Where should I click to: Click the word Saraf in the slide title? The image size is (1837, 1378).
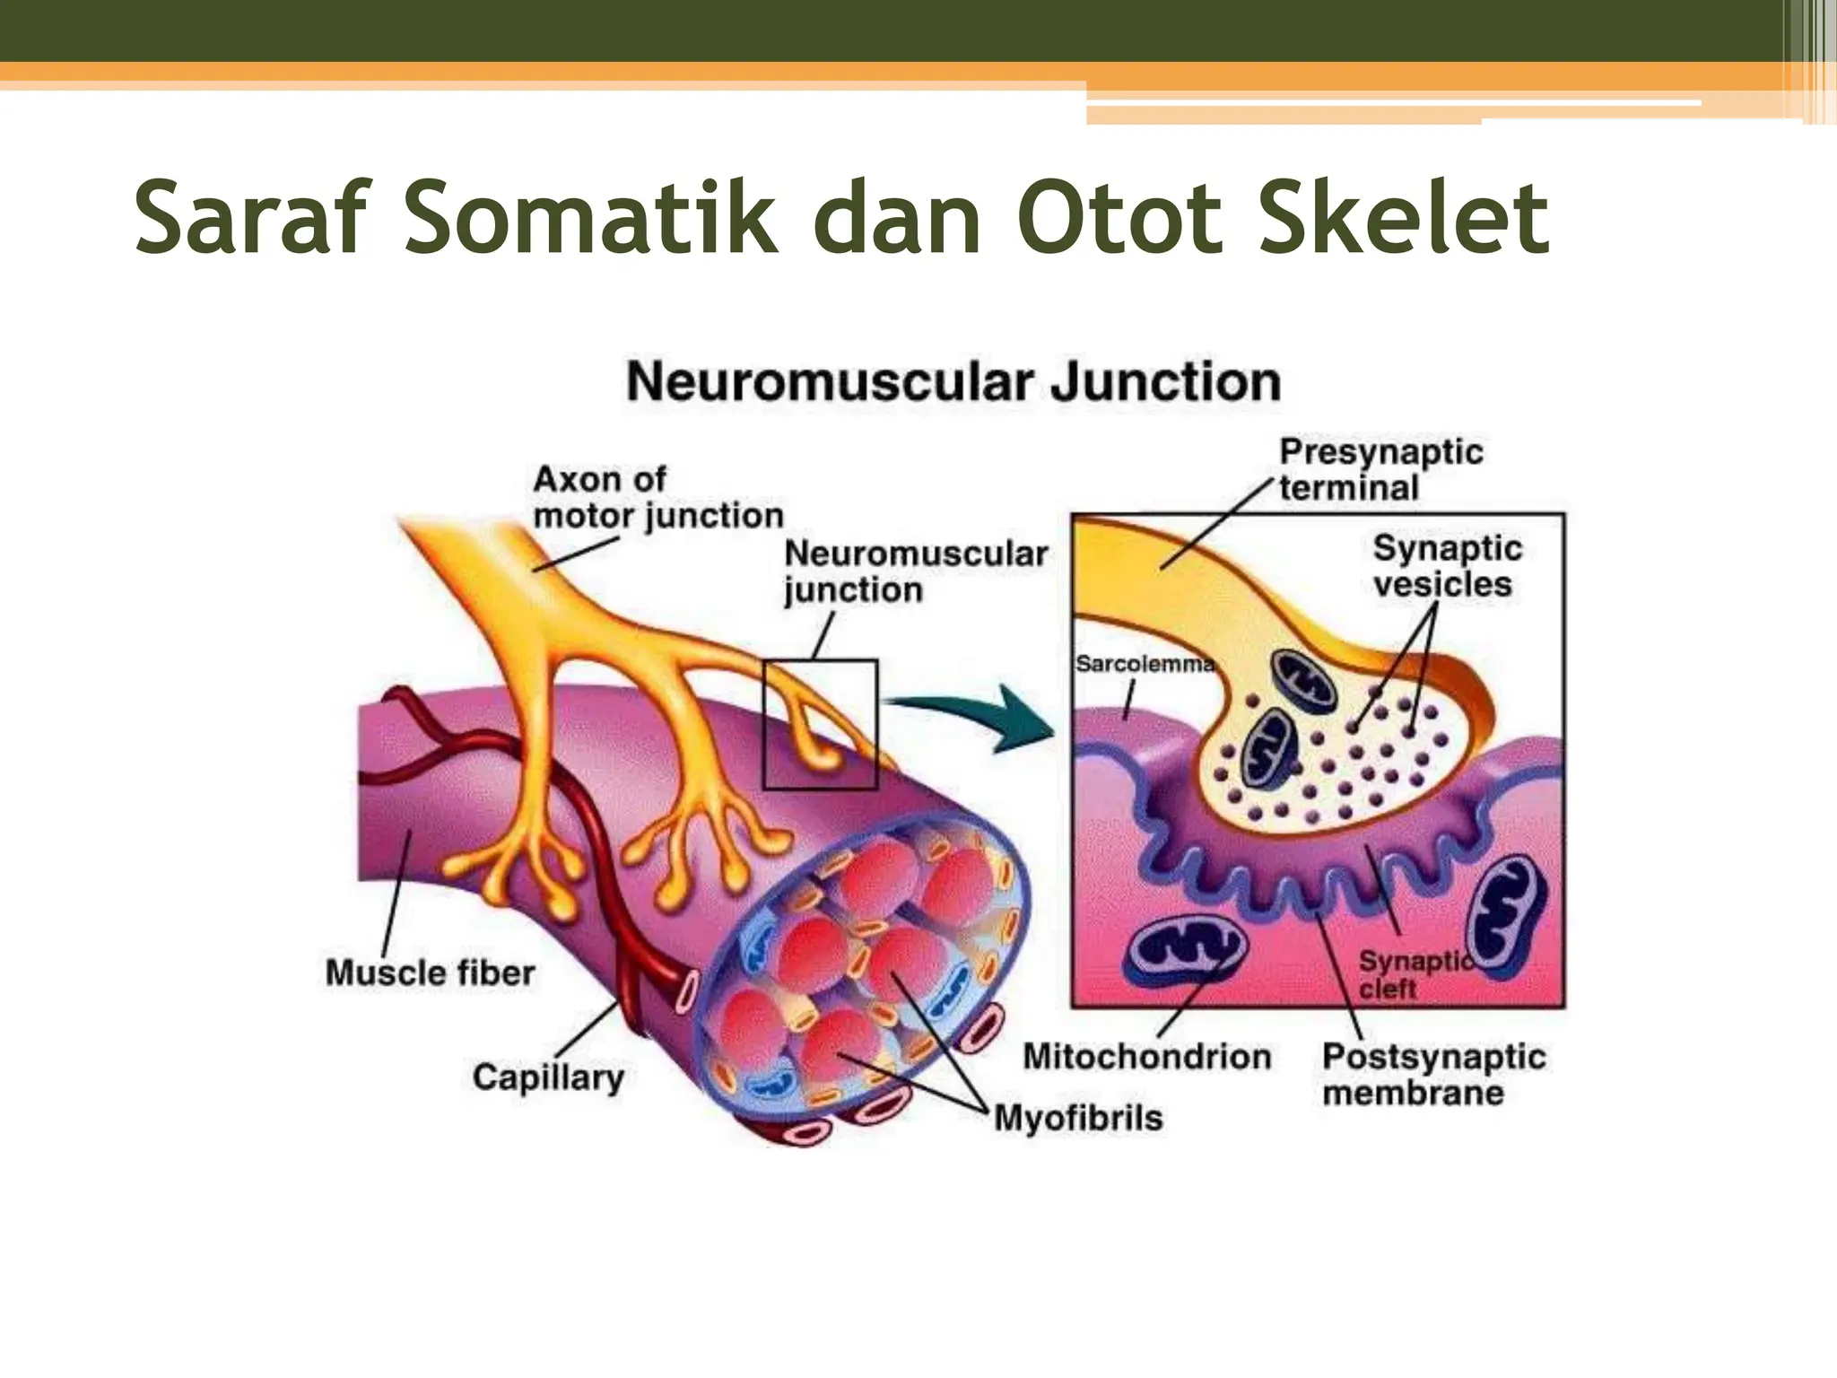(x=252, y=217)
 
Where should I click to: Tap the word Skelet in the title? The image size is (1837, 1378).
(x=1404, y=217)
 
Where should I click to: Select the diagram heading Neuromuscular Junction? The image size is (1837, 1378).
(x=953, y=382)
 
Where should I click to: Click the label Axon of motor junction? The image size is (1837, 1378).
(x=657, y=498)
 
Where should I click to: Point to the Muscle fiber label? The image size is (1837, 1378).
(x=430, y=973)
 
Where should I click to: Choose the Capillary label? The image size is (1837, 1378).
(x=548, y=1077)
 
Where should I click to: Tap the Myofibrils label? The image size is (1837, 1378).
(x=1078, y=1118)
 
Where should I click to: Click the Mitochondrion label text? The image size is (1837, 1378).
(x=1147, y=1057)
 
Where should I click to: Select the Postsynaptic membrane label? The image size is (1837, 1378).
(x=1433, y=1075)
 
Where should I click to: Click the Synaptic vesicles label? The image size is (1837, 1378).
(x=1446, y=566)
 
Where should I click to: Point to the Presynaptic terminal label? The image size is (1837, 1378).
(x=1380, y=470)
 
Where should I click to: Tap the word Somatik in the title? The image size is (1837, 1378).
(x=591, y=217)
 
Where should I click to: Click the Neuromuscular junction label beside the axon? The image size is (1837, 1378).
(x=915, y=571)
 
